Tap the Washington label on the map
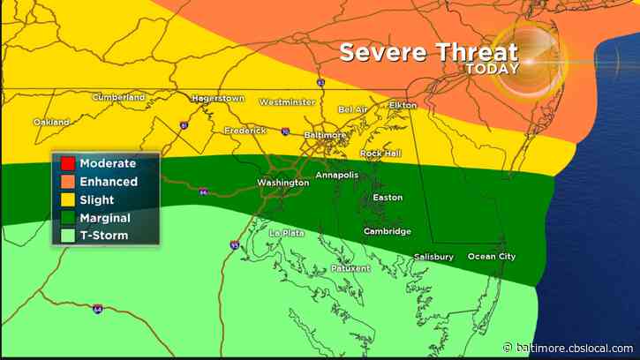pyautogui.click(x=282, y=183)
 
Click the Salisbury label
pyautogui.click(x=433, y=257)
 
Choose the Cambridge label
pyautogui.click(x=388, y=231)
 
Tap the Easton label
pyautogui.click(x=388, y=197)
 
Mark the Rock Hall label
pyautogui.click(x=380, y=154)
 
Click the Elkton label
pyautogui.click(x=402, y=105)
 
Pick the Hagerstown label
pyautogui.click(x=217, y=98)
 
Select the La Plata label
pyautogui.click(x=286, y=233)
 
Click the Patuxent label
pyautogui.click(x=350, y=267)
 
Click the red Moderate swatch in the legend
pyautogui.click(x=67, y=163)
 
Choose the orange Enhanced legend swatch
pyautogui.click(x=67, y=182)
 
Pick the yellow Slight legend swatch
pyautogui.click(x=67, y=199)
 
